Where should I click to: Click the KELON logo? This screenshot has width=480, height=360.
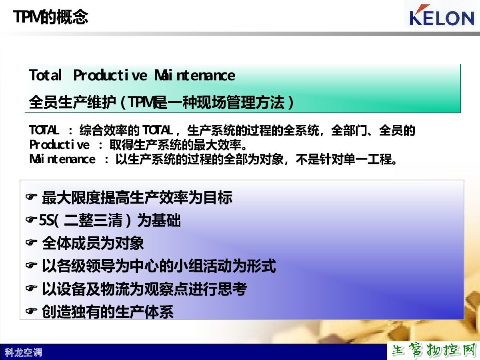442,15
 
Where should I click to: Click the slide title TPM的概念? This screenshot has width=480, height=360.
50,17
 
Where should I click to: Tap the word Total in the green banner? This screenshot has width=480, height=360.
45,75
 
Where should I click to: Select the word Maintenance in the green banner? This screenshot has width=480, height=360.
195,75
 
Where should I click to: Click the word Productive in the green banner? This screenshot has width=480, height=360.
110,75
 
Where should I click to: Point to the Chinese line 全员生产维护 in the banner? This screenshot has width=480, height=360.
72,102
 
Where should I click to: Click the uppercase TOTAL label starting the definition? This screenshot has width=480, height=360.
44,130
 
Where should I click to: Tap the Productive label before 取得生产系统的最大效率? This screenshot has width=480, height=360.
59,145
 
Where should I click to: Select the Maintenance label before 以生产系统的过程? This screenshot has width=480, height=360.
62,159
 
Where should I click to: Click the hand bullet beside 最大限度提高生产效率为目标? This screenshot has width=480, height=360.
31,197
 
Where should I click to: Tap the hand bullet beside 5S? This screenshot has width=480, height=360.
31,219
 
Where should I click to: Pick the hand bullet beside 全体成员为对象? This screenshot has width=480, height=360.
31,242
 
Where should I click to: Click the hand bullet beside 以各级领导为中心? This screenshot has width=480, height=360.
31,265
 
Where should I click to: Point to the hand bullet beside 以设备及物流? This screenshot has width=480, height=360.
31,288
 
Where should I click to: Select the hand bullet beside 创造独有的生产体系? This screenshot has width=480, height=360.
31,311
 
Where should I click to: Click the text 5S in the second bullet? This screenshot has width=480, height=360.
46,220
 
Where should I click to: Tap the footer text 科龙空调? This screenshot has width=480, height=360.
23,352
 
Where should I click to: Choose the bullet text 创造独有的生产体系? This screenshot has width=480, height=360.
108,312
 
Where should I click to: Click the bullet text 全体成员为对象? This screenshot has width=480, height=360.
93,243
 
